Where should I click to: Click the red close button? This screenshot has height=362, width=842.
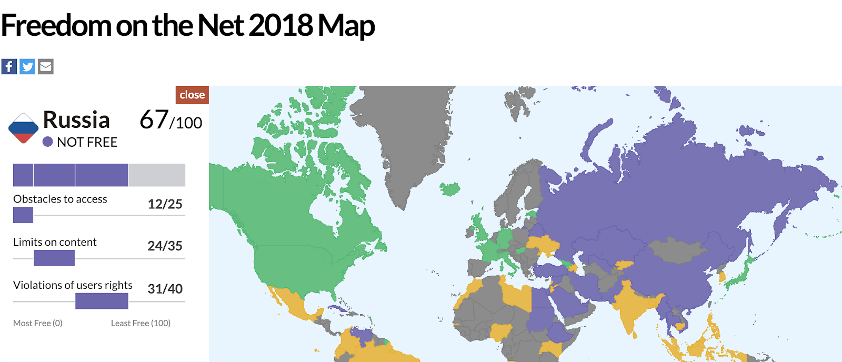point(192,95)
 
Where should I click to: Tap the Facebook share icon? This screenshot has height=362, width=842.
point(9,67)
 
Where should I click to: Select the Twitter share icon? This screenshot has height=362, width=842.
point(27,67)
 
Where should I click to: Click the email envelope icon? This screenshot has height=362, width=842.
point(46,67)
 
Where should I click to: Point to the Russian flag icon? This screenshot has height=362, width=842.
point(23,128)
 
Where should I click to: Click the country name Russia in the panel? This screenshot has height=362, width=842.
point(76,120)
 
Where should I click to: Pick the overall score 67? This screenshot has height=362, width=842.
point(154,120)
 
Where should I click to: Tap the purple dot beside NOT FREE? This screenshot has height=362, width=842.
point(47,142)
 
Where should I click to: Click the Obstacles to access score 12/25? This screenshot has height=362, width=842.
point(165,204)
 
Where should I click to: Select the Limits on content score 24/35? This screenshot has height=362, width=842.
point(165,246)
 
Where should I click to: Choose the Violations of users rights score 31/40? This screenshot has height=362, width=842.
point(165,289)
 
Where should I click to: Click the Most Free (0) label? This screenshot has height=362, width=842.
point(38,323)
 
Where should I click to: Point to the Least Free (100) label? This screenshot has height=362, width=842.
point(141,323)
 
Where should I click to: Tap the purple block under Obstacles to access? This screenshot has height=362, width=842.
point(23,215)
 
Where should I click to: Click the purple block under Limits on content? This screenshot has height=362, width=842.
point(54,258)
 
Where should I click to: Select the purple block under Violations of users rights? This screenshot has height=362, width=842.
point(102,301)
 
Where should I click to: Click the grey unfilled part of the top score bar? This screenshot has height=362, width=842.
point(157,175)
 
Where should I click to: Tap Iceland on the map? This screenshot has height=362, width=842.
point(450,188)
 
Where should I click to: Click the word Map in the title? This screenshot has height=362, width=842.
point(346,25)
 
